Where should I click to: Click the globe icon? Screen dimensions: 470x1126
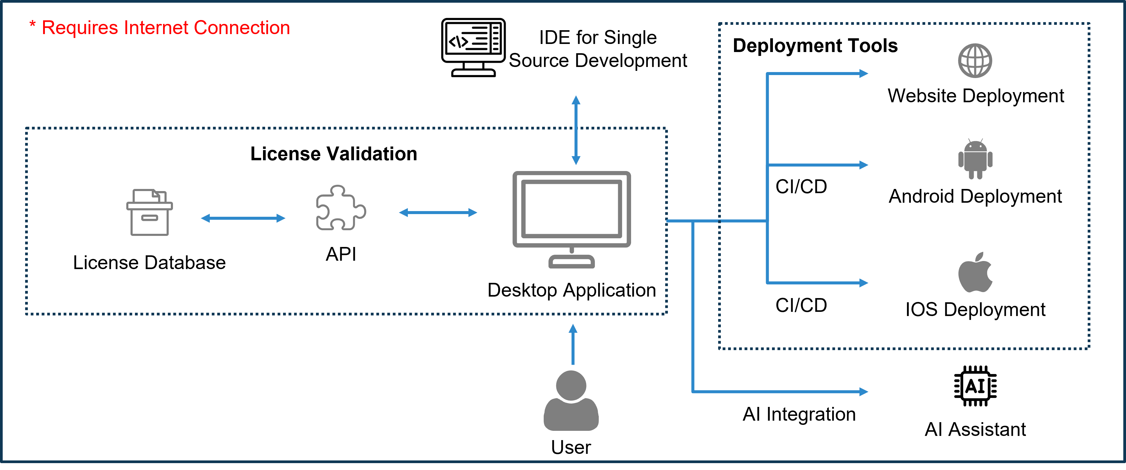tap(975, 60)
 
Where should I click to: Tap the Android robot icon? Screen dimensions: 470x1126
tap(975, 159)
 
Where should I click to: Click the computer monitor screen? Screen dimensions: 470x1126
tap(571, 209)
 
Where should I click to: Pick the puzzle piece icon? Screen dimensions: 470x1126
tap(341, 208)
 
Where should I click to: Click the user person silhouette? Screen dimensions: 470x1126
tap(571, 401)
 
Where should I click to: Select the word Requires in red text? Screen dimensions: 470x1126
tap(80, 28)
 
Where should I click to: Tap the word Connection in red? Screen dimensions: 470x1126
tap(242, 28)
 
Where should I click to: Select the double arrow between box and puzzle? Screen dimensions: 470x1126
tap(243, 218)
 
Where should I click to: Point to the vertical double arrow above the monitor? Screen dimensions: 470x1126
tap(576, 130)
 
